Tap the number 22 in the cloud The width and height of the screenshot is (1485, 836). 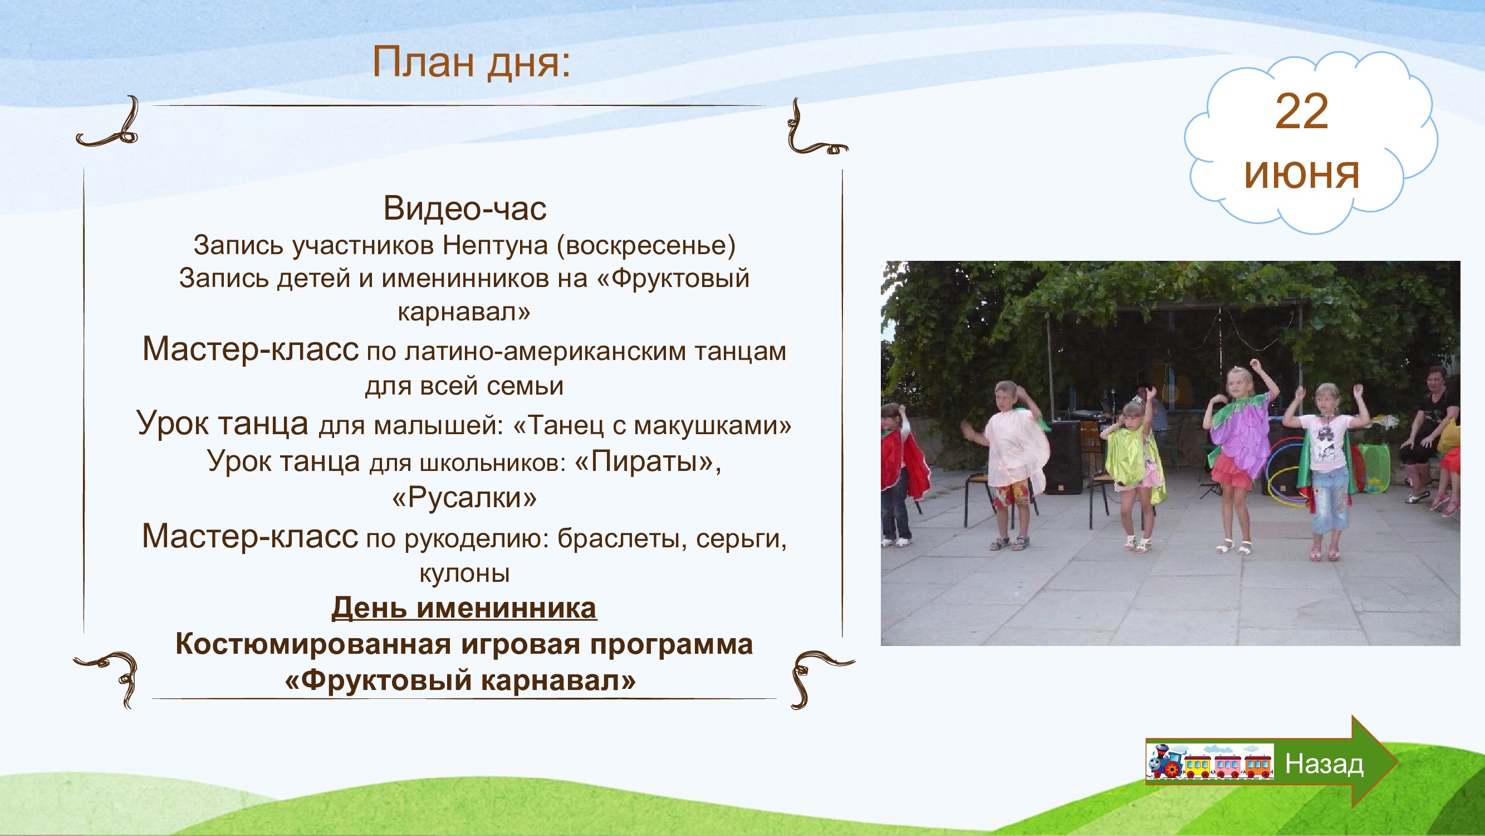tap(1302, 112)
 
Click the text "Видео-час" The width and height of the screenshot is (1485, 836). tap(464, 208)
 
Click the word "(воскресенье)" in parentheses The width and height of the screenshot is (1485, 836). tap(646, 246)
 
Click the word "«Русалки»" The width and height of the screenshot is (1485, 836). tap(464, 497)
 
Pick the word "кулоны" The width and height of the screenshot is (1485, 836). tap(464, 573)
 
